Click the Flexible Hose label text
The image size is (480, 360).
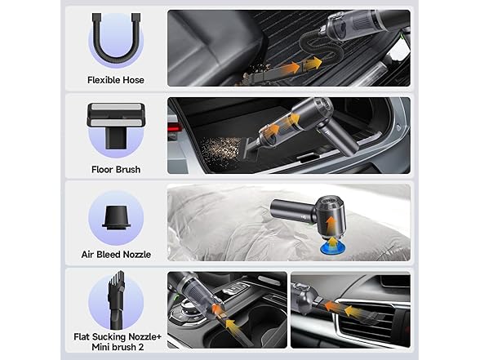point(116,80)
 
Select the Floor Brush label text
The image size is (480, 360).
point(116,169)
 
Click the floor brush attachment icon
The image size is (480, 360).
point(116,126)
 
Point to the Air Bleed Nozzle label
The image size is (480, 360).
point(116,255)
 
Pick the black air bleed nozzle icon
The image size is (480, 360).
point(116,217)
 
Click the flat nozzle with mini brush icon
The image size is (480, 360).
point(116,300)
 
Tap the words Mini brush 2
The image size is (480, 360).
point(118,347)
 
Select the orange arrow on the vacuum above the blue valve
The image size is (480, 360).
point(331,224)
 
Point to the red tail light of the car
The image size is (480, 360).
point(173,128)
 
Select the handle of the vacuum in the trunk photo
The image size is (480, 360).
point(336,139)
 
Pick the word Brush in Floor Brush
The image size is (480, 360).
point(128,169)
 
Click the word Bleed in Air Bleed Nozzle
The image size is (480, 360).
point(110,255)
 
